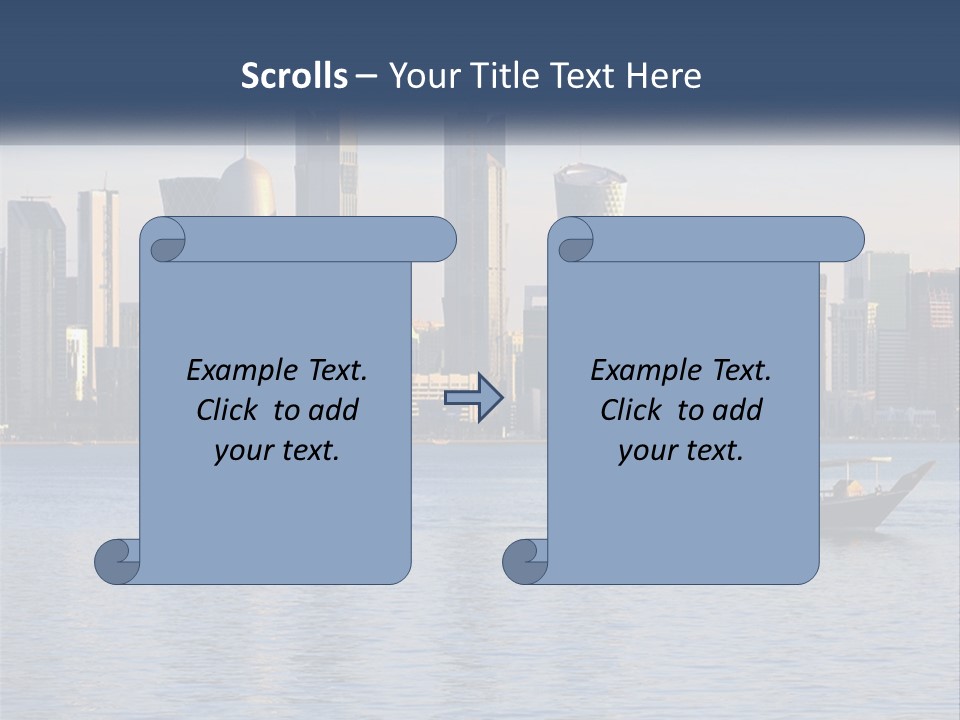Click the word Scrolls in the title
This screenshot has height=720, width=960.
click(x=294, y=76)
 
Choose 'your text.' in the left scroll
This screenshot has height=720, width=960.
click(x=277, y=451)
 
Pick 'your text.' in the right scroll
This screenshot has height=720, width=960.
click(x=681, y=451)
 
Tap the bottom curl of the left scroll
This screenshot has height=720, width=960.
click(x=118, y=560)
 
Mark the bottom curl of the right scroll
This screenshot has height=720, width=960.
click(x=526, y=560)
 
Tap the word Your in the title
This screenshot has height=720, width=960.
click(x=423, y=76)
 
